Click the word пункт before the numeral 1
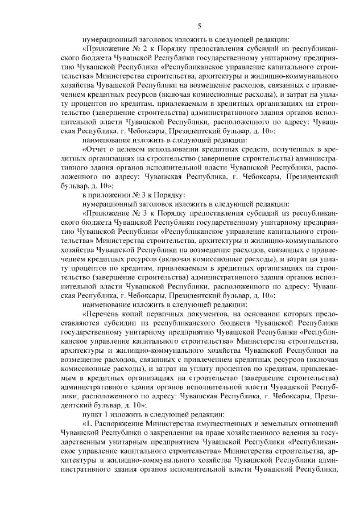(92, 413)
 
